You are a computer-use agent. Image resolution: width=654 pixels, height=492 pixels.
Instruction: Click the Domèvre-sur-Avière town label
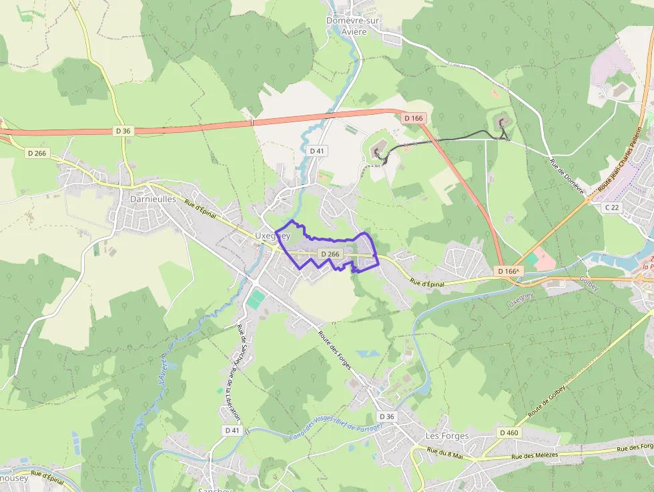[x=353, y=25]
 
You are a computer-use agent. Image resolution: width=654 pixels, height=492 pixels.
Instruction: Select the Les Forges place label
[x=447, y=436]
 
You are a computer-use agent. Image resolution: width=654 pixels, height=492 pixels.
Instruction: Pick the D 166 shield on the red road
[x=414, y=118]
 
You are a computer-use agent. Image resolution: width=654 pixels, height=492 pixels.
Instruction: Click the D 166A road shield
[x=509, y=271]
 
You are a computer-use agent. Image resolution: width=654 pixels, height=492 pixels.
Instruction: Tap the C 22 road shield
[x=612, y=208]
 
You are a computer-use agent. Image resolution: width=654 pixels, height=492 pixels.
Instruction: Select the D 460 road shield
[x=508, y=433]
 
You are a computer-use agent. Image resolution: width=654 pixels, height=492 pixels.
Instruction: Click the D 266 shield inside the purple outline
[x=330, y=254]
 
